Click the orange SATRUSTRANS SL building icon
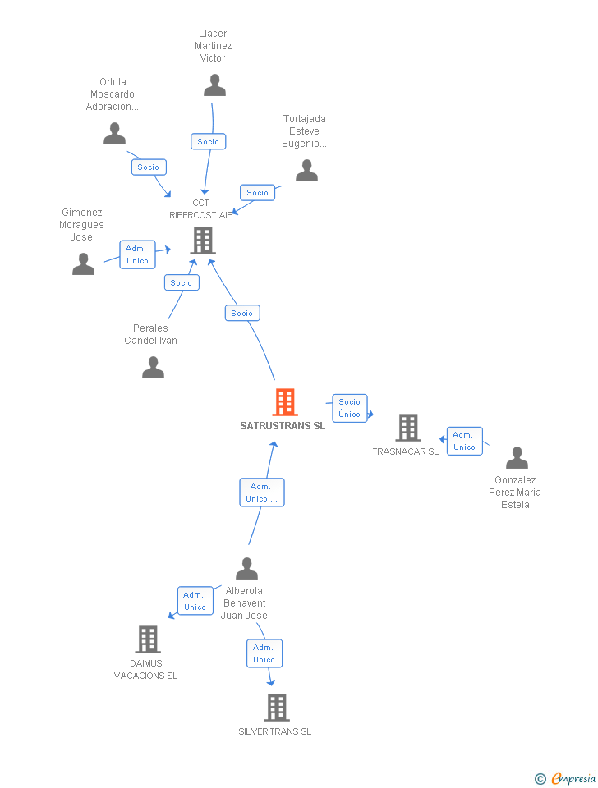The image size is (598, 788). click(285, 402)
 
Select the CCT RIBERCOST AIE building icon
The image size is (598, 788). click(203, 240)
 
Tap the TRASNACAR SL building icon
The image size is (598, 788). click(408, 428)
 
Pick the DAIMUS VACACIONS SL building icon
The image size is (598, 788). click(148, 639)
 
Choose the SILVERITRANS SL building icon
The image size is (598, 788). click(277, 707)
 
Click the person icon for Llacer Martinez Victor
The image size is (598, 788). click(214, 85)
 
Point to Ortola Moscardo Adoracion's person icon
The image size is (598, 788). click(115, 134)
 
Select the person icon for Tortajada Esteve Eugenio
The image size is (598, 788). click(306, 171)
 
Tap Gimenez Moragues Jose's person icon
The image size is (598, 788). click(83, 264)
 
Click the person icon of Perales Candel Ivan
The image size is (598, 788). click(153, 368)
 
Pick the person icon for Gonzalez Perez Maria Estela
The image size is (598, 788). click(517, 458)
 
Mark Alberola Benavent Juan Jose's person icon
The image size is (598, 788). click(246, 569)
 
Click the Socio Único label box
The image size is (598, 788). click(349, 408)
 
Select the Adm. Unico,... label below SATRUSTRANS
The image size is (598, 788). click(262, 492)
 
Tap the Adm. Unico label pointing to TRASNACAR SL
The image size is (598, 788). click(464, 441)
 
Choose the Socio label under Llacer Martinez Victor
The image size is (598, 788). click(209, 141)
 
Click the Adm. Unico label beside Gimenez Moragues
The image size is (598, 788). click(137, 254)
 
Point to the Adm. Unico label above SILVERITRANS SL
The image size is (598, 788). click(264, 653)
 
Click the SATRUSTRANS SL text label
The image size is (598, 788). click(283, 426)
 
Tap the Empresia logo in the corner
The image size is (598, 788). click(566, 778)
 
